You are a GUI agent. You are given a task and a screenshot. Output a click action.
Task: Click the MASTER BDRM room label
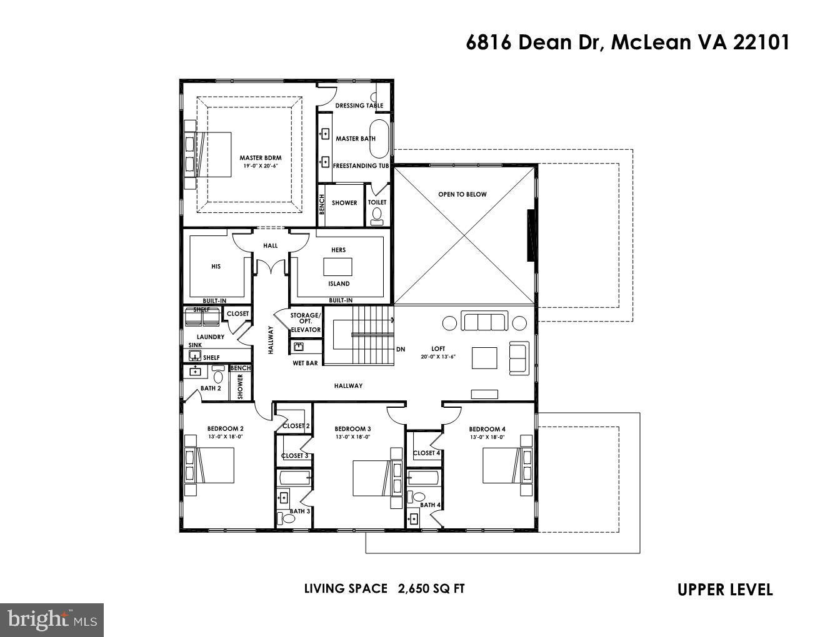click(x=260, y=158)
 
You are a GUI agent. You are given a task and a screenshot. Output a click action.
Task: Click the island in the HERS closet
click(x=337, y=267)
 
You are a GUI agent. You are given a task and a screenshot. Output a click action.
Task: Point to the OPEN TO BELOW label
click(x=462, y=194)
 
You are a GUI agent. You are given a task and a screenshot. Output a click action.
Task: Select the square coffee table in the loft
click(x=484, y=358)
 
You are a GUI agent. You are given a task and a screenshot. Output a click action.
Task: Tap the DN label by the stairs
click(x=401, y=349)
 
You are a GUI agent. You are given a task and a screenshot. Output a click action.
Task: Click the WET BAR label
click(x=305, y=363)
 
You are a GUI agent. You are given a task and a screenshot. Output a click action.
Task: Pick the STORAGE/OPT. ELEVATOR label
click(x=306, y=322)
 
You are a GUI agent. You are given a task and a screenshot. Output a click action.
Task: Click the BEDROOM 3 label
click(x=352, y=429)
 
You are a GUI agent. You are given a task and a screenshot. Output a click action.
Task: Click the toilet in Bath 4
click(x=418, y=497)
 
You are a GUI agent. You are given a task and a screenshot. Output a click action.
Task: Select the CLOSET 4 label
click(x=426, y=453)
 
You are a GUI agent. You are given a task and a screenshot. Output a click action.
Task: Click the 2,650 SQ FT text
click(x=431, y=588)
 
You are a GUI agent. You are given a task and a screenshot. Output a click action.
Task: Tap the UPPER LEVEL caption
click(x=725, y=590)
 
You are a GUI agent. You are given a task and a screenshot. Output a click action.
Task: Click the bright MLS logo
click(x=51, y=620)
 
